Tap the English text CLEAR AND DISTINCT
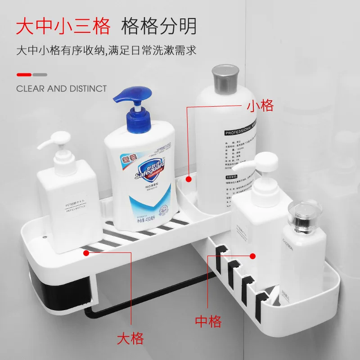62,88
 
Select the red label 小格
260,106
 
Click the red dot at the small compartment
189,179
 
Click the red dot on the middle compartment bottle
253,256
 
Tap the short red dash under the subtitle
24,75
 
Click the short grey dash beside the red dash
40,75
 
